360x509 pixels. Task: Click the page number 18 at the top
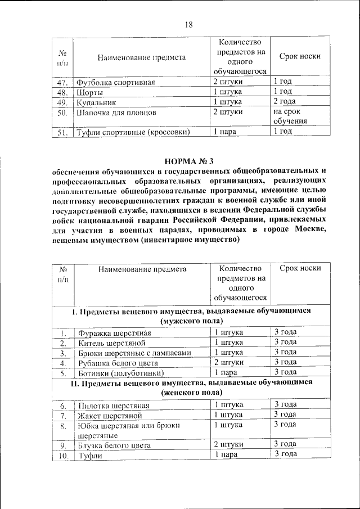(188, 24)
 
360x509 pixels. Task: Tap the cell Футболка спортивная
(115, 83)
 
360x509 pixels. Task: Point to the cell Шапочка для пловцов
(116, 112)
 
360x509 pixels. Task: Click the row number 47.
(62, 83)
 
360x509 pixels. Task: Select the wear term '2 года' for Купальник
(285, 102)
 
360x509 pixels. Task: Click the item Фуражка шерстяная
(114, 333)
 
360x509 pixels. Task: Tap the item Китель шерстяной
(112, 343)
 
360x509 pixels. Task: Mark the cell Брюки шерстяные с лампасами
(135, 353)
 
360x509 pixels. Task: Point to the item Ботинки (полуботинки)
(121, 372)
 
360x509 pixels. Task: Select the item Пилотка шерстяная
(114, 406)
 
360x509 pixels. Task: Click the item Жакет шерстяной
(110, 415)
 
